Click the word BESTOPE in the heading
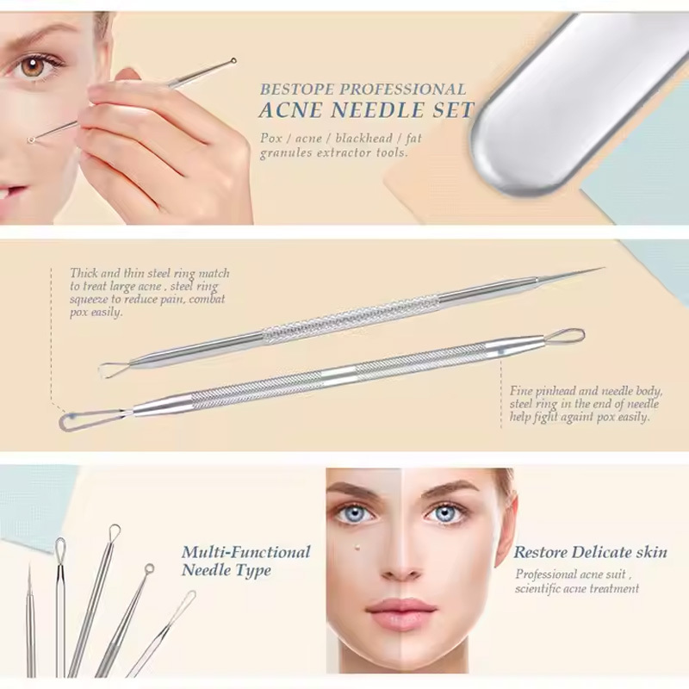(x=297, y=90)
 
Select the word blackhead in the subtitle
(x=363, y=138)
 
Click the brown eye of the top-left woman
(x=32, y=67)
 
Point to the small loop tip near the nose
(x=31, y=140)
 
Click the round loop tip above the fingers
(x=233, y=61)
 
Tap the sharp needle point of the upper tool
(x=603, y=268)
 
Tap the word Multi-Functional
(x=246, y=552)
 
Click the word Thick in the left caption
(x=84, y=273)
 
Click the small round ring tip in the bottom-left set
(x=149, y=568)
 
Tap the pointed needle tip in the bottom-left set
(x=29, y=567)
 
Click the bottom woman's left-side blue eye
(x=355, y=512)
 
